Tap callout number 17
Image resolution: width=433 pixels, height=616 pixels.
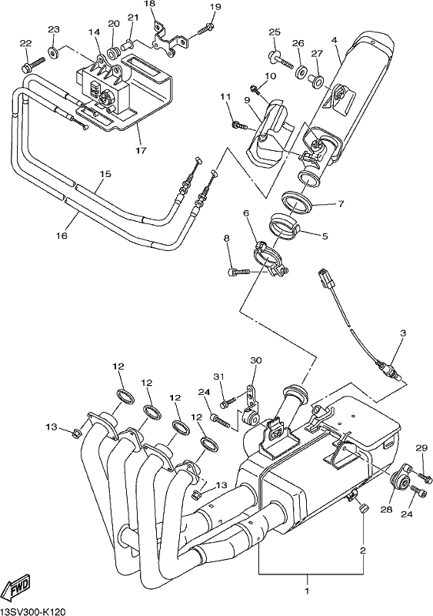click(141, 150)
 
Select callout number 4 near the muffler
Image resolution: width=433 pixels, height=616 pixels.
click(334, 41)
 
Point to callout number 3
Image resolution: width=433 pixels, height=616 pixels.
click(403, 333)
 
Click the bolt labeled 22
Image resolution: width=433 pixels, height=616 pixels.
click(33, 64)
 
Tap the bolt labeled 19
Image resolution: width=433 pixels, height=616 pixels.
click(206, 28)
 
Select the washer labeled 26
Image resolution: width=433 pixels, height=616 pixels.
click(301, 71)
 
